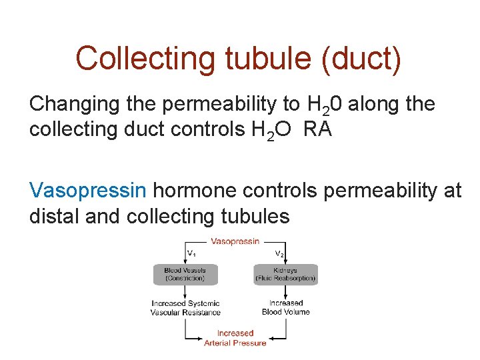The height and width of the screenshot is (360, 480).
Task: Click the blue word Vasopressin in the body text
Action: [x=88, y=191]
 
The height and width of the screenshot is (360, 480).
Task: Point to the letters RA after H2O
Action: [x=318, y=129]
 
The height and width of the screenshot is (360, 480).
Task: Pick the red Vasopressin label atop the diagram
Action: [x=235, y=241]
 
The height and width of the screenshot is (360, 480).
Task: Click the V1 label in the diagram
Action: [x=191, y=253]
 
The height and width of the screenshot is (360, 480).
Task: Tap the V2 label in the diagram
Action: [x=281, y=253]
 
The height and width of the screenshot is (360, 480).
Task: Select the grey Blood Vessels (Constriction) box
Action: [x=185, y=274]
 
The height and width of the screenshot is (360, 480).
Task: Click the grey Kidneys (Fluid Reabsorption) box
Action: [x=285, y=274]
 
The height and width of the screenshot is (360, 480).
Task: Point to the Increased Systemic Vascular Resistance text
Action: [x=185, y=307]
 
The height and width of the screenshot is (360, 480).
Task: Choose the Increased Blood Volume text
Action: [x=285, y=307]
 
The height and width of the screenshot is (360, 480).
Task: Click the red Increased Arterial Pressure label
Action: [x=235, y=337]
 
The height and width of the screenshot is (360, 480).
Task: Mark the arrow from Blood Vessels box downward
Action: [x=185, y=291]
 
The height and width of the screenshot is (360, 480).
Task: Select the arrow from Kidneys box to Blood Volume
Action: [x=285, y=291]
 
